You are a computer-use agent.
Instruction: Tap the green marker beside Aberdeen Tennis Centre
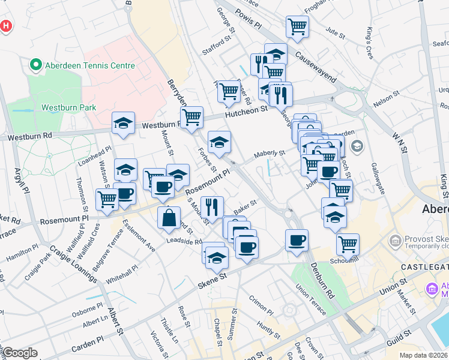pos(35,65)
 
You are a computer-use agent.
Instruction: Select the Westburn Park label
pos(68,108)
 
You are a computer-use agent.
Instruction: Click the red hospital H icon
pos(6,26)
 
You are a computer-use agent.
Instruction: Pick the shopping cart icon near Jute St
pos(297,26)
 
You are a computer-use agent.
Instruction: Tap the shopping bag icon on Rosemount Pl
pos(169,217)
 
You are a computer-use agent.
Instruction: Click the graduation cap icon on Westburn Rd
pos(123,123)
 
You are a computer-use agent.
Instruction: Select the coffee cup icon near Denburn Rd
pos(297,241)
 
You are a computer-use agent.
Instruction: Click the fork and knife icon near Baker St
pos(211,208)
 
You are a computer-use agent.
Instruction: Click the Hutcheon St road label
pos(246,110)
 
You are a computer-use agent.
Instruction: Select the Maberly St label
pos(269,154)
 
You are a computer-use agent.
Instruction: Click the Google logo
pos(20,353)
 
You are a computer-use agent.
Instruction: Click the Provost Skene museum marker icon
pos(396,241)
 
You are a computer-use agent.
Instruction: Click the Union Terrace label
pos(311,301)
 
